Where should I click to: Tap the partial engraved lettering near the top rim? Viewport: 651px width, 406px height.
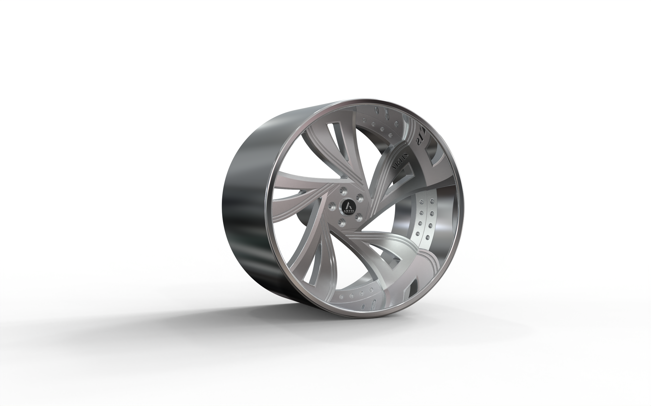click(420, 140)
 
